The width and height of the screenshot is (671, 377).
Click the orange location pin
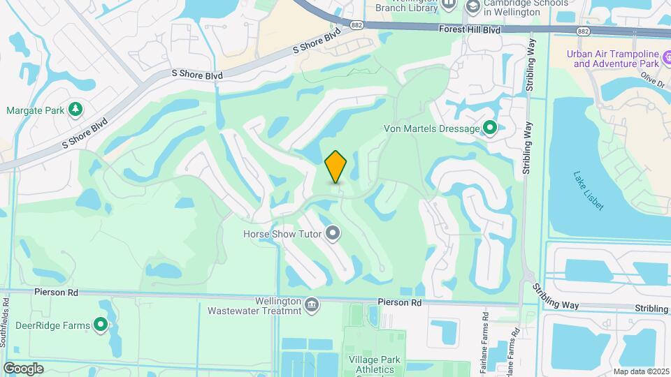point(335,167)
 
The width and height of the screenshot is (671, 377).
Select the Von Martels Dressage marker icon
point(490,128)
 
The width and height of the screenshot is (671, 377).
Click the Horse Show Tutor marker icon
point(333,234)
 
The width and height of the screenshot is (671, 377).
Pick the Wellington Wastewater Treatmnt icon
point(312,304)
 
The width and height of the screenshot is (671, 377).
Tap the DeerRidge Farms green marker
point(101,324)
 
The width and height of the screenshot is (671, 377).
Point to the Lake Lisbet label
point(588,191)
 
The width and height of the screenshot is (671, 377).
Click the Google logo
point(23,368)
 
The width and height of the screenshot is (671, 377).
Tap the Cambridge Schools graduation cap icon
point(472,6)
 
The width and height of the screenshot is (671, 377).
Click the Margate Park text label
point(34,110)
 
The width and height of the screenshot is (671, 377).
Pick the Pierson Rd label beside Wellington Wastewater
point(400,303)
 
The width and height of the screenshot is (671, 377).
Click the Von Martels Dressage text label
point(431,128)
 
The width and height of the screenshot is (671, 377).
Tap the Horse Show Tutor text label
point(282,235)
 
